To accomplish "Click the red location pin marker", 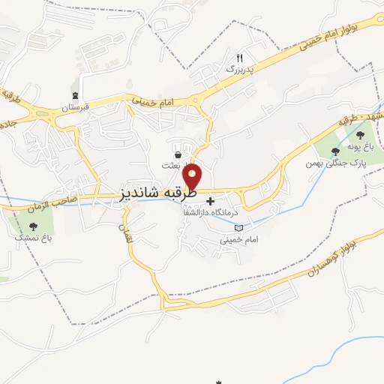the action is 193,177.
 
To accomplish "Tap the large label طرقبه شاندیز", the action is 157,193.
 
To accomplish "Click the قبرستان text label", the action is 76,107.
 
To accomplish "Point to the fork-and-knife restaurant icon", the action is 240,57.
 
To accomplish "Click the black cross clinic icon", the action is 210,201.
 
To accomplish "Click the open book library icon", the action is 238,227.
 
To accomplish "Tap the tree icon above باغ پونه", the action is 361,135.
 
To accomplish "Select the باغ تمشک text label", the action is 31,237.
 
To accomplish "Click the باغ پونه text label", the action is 361,148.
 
